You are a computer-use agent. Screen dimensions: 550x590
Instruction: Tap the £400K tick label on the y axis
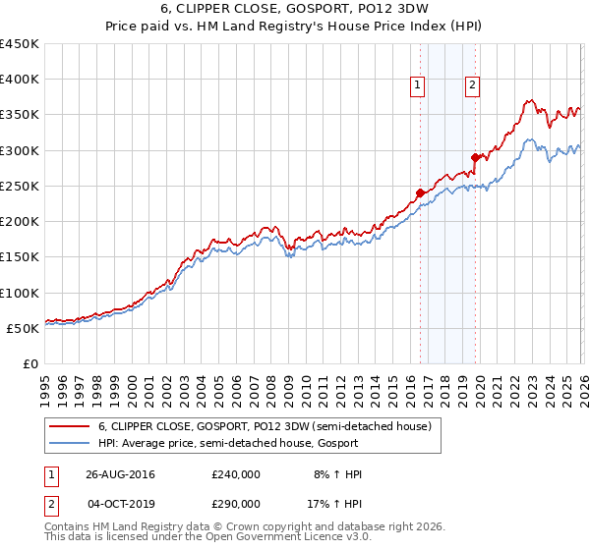[x=20, y=80]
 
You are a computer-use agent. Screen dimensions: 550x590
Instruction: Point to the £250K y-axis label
[x=20, y=186]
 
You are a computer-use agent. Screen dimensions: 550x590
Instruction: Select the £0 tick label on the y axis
[x=30, y=363]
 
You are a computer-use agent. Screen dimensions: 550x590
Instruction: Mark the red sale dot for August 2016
[x=420, y=193]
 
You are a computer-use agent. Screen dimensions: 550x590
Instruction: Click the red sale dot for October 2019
[x=474, y=157]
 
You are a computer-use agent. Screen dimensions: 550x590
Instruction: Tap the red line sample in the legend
[x=69, y=426]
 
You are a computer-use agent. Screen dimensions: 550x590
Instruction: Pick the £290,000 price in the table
[x=236, y=502]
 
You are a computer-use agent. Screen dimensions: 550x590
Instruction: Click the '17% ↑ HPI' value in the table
[x=336, y=502]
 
